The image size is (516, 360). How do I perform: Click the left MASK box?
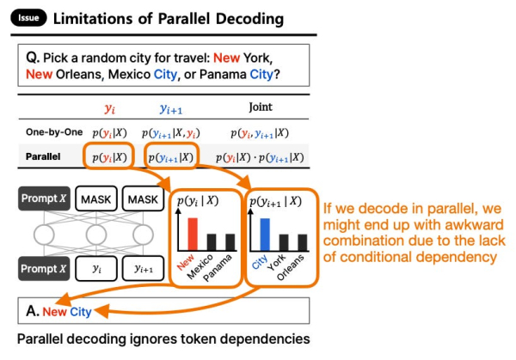(x=98, y=199)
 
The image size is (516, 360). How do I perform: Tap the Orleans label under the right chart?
(x=295, y=261)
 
